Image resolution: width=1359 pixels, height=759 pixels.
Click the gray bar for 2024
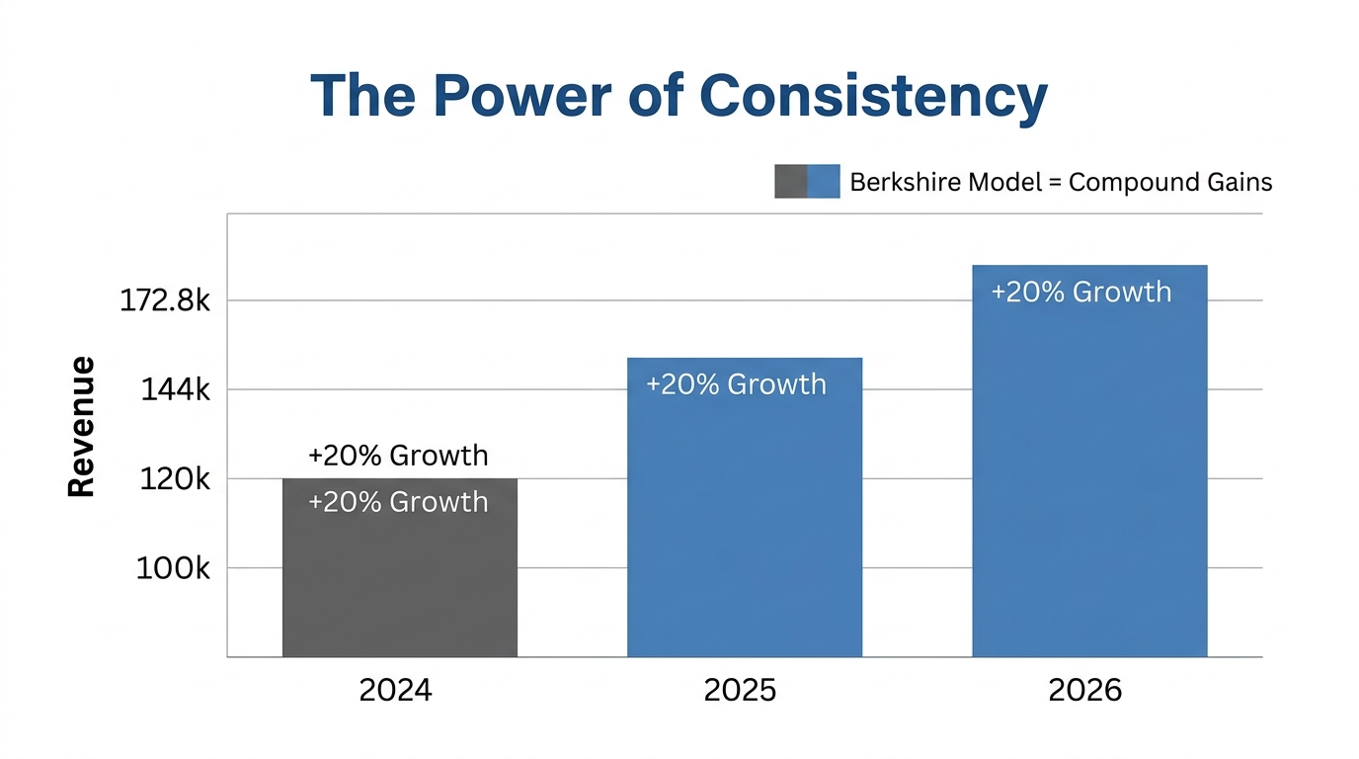coord(399,583)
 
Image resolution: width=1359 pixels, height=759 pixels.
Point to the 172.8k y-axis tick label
coord(165,300)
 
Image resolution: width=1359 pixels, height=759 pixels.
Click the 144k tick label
coord(176,390)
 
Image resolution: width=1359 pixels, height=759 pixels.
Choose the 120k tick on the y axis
coord(176,479)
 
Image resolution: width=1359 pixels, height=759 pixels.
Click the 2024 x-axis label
coord(395,690)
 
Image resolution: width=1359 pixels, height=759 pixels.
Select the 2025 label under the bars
coord(740,690)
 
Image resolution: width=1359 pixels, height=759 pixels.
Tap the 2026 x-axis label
coord(1084,690)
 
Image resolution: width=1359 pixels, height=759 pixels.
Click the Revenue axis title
coord(81,426)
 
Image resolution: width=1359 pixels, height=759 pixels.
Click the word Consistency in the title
coord(873,96)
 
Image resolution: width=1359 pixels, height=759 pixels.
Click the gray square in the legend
coord(790,182)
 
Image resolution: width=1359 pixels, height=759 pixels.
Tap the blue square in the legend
coord(824,182)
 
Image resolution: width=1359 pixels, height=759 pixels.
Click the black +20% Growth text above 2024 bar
coord(398,456)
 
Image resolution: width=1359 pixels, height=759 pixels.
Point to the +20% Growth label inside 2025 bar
coord(736,384)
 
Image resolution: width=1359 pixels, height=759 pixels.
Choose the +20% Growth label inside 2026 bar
coord(1080,293)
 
